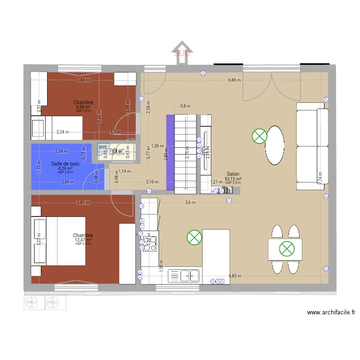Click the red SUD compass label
tap(182, 53)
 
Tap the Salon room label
tap(233, 174)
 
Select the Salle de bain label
tap(65, 164)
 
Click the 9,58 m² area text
tap(83, 107)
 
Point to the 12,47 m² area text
tap(83, 240)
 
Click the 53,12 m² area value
tap(233, 179)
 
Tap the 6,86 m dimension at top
tap(234, 81)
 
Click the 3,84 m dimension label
tap(83, 80)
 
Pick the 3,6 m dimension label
tap(191, 203)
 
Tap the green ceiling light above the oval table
tap(259, 136)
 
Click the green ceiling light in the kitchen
tap(194, 237)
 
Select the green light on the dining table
tap(287, 249)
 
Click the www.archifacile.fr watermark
tap(331, 312)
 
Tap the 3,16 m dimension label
tap(152, 182)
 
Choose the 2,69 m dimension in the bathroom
tap(68, 182)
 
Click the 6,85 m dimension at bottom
tap(235, 276)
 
